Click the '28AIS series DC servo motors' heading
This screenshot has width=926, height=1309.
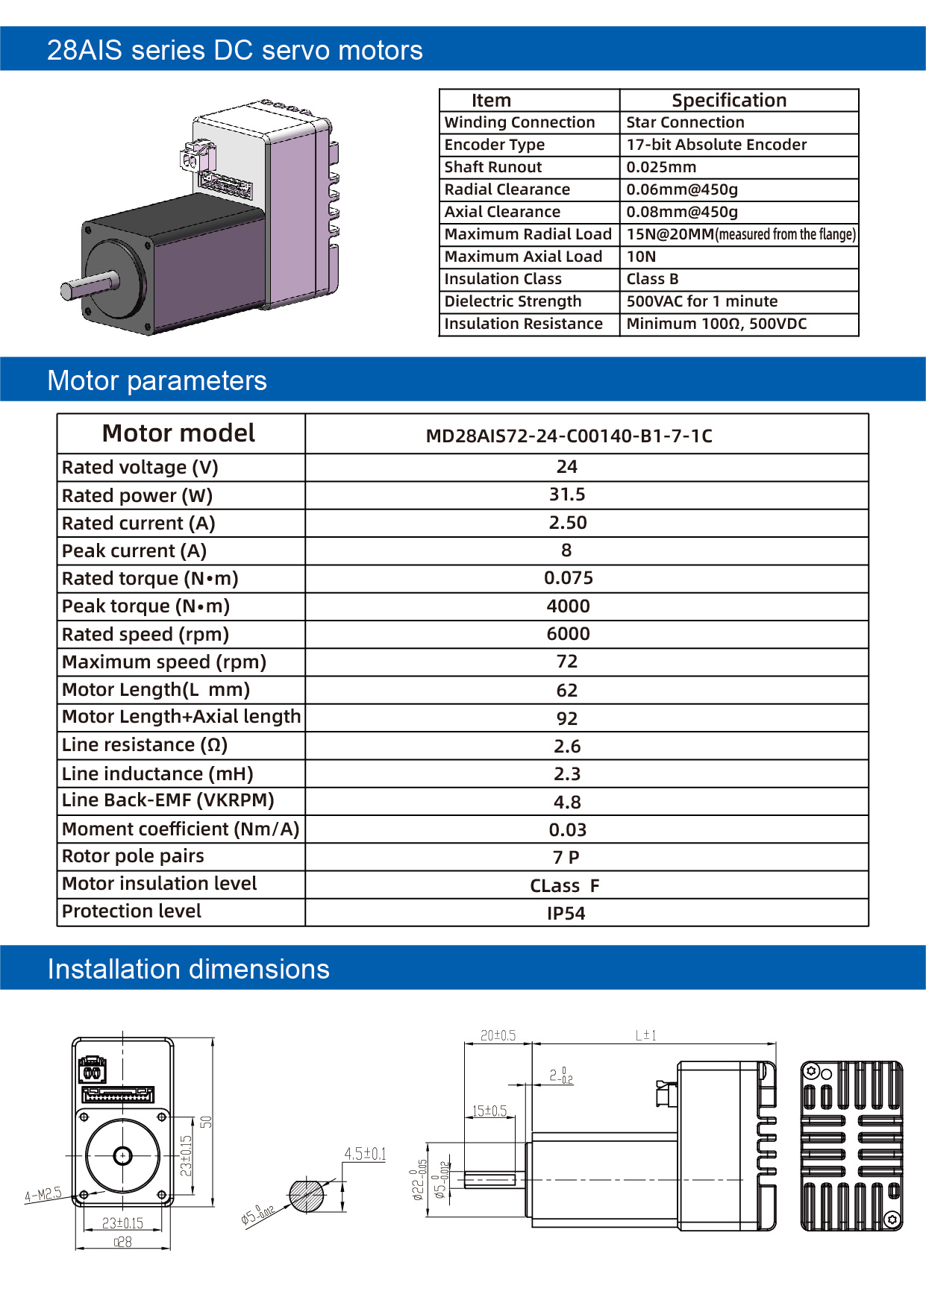pos(234,50)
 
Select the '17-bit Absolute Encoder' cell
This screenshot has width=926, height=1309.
pos(716,145)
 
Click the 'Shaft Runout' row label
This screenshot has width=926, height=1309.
pos(493,167)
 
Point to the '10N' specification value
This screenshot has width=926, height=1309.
pos(641,257)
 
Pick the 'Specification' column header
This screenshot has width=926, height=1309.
pos(729,101)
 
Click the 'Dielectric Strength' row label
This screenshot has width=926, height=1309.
pos(513,301)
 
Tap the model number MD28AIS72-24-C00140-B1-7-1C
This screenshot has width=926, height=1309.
pos(569,436)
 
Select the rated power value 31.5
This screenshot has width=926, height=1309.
pos(567,495)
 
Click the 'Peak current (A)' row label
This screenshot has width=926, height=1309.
pos(134,551)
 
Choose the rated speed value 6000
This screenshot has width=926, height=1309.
pos(568,634)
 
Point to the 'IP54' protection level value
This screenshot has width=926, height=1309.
pos(566,914)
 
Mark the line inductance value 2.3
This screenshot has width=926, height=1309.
pos(567,774)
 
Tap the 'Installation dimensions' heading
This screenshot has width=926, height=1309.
pos(188,969)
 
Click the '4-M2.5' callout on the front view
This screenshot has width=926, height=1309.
pos(43,1194)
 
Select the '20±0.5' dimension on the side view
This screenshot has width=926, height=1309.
pos(498,1035)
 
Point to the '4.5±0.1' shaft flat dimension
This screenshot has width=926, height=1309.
pos(365,1154)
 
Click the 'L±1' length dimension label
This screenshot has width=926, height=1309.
pos(645,1035)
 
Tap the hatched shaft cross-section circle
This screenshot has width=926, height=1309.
pos(307,1196)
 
